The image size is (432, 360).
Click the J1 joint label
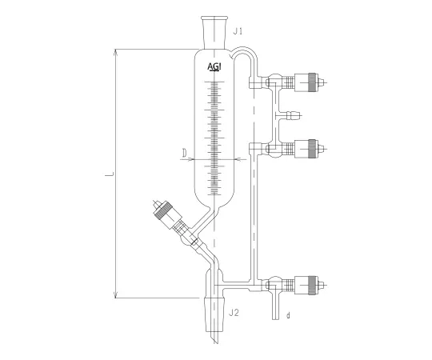pos(238,31)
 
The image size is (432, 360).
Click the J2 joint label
pos(234,313)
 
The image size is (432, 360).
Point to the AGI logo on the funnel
pos(214,66)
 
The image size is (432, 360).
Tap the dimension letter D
pos(185,153)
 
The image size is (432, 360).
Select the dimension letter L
pos(110,174)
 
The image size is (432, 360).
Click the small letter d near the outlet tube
pos(288,315)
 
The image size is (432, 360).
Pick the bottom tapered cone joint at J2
pos(214,314)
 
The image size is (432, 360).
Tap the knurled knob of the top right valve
pos(312,82)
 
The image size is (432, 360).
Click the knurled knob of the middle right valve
pos(312,149)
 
